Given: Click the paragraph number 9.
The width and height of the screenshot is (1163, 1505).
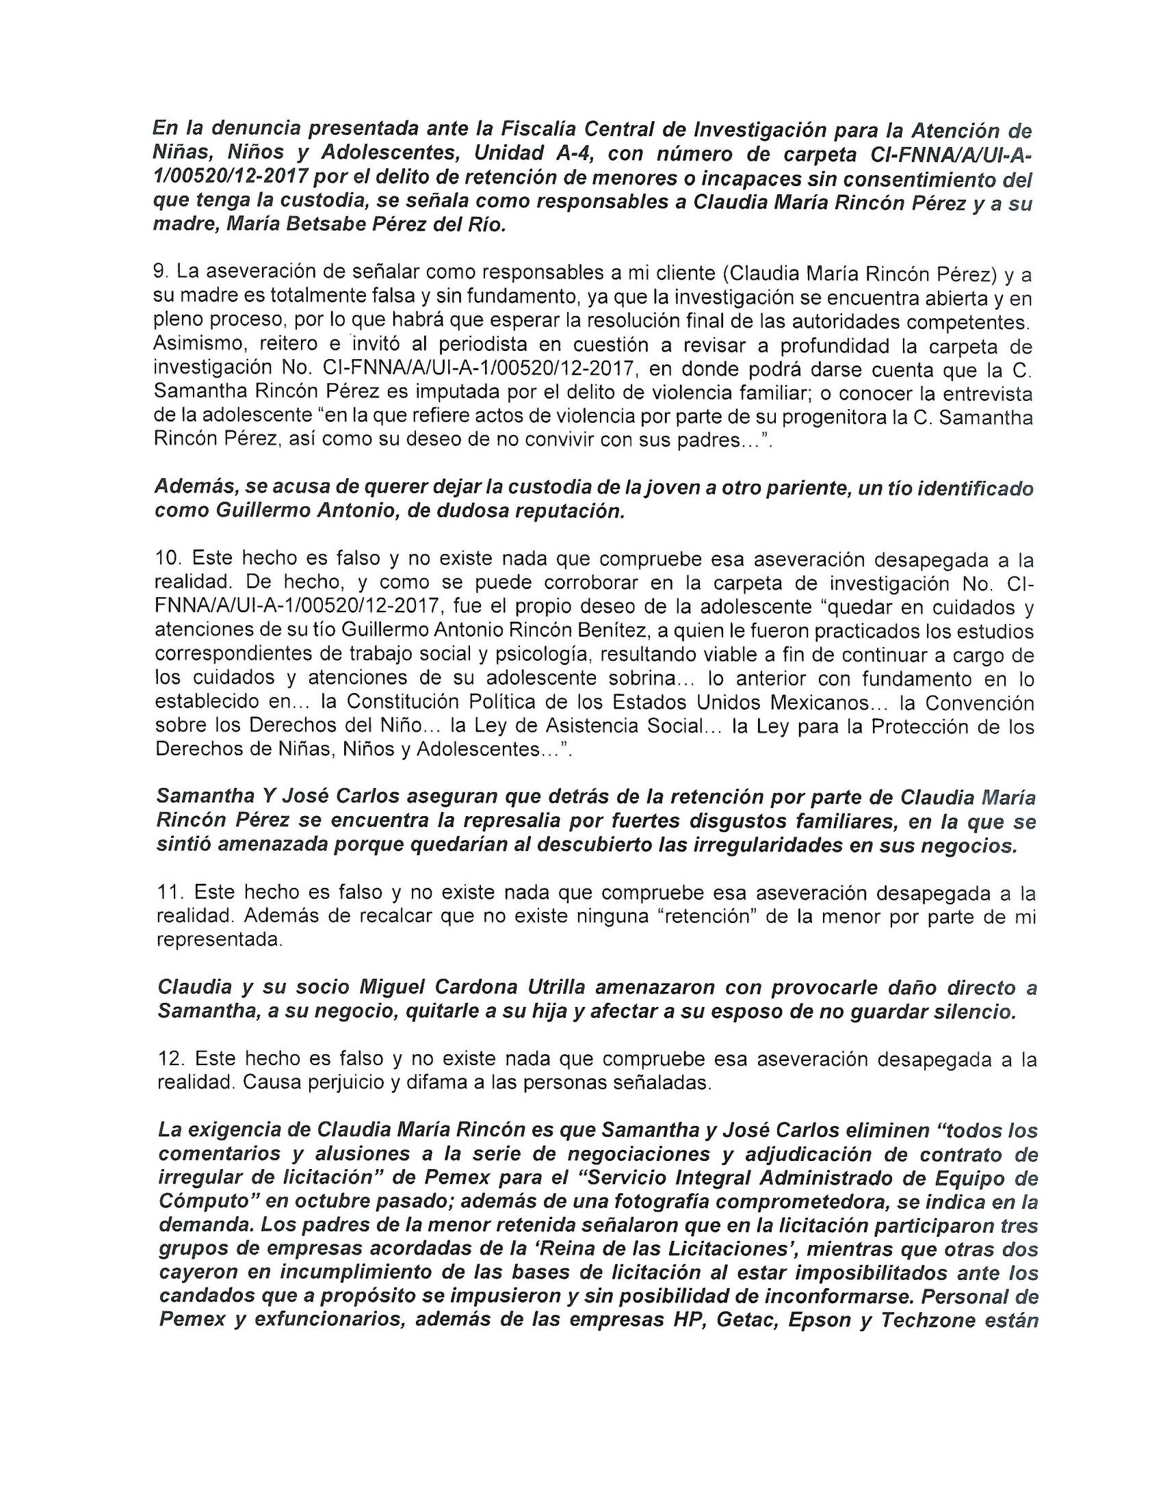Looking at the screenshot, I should (x=160, y=273).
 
